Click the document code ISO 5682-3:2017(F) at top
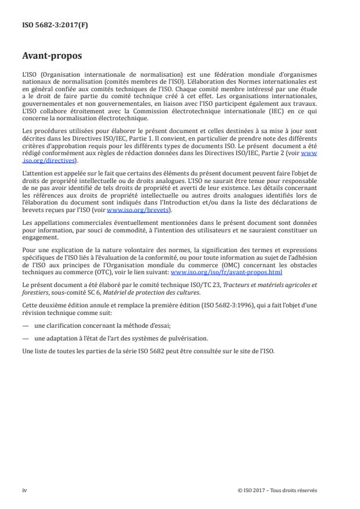coord(51,26)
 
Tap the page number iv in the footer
coord(24,490)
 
